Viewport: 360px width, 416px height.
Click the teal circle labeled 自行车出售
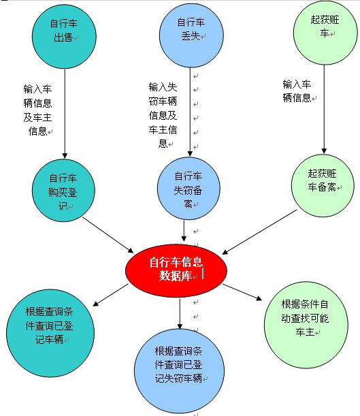[64, 36]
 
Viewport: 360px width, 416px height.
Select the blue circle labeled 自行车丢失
[191, 35]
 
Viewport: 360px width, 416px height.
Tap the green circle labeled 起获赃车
[325, 33]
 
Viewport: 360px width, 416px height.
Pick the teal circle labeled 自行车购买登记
[63, 191]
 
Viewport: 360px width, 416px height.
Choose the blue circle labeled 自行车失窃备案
[189, 189]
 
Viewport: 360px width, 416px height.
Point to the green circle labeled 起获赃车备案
[323, 185]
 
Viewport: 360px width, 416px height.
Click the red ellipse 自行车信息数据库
[176, 270]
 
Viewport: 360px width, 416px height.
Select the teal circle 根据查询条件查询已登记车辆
[50, 333]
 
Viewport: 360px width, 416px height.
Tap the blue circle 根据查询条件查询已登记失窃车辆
[179, 371]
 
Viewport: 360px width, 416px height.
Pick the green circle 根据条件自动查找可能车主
[306, 325]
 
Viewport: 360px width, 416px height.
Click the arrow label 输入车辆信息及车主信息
[37, 110]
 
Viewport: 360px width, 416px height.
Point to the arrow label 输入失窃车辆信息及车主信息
[163, 115]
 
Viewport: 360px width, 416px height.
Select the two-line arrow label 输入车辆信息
[297, 91]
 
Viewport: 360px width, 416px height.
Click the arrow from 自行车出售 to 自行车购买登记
[65, 114]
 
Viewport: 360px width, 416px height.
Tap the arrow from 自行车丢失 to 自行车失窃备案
[190, 112]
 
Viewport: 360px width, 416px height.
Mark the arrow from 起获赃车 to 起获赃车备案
[324, 110]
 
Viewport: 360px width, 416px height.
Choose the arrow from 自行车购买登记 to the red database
[108, 235]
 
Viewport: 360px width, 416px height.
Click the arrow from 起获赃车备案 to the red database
[259, 232]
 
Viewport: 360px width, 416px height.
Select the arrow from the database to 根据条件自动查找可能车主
[242, 292]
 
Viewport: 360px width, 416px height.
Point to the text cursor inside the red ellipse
[203, 274]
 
